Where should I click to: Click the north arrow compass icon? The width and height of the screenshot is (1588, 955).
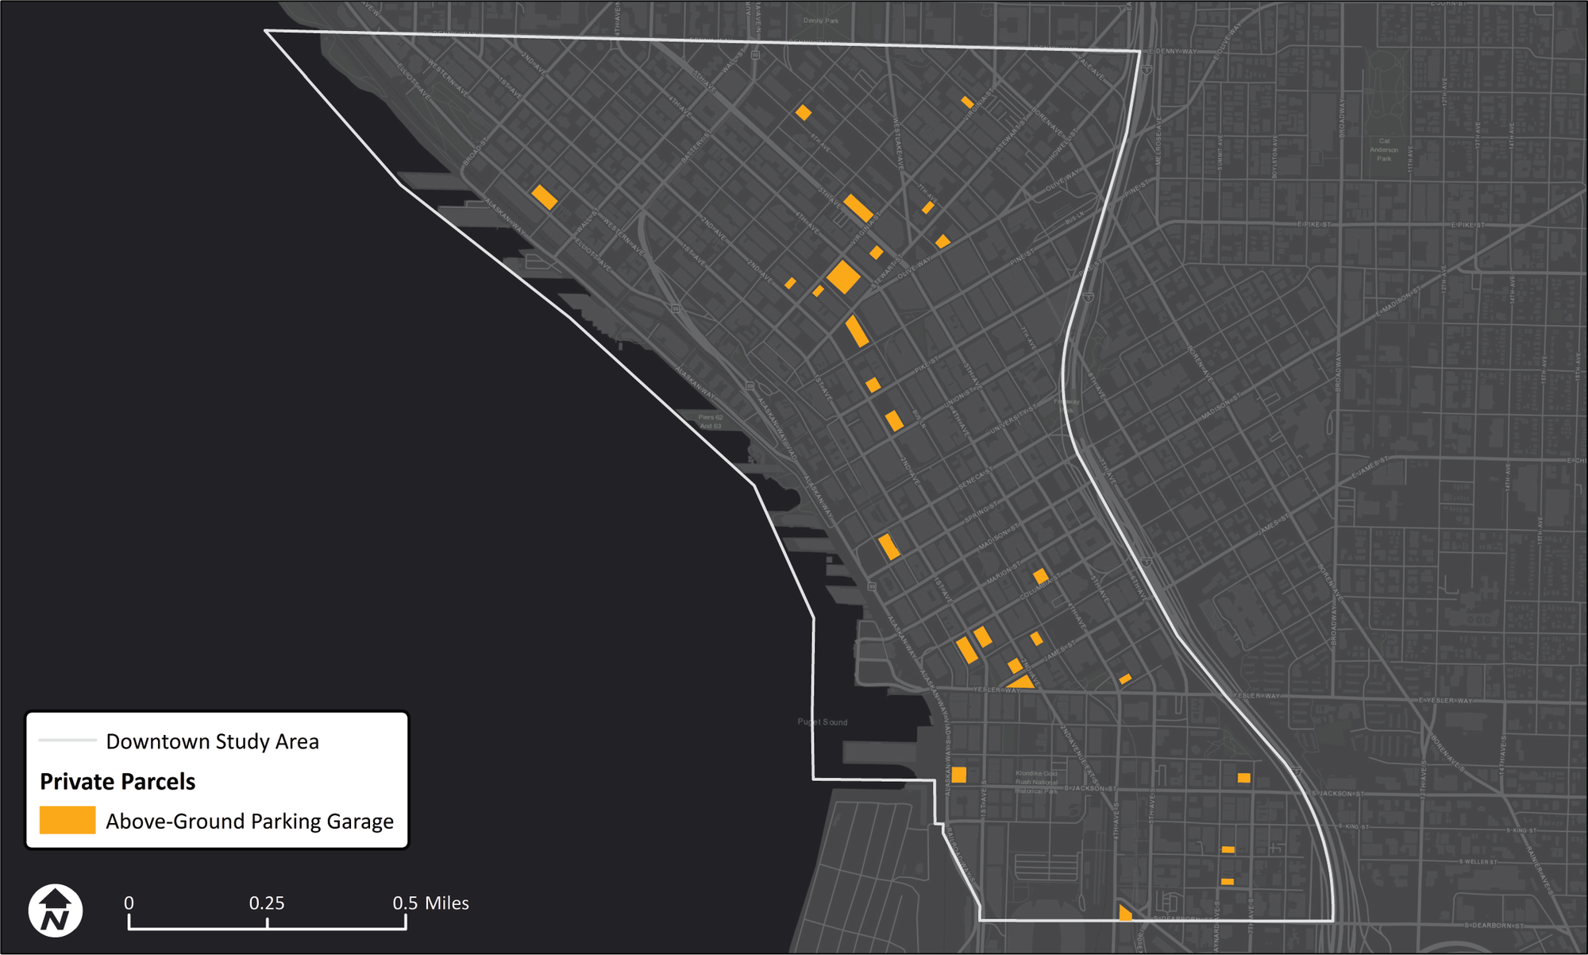pos(55,911)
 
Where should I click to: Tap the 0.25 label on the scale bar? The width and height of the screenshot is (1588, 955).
pos(267,903)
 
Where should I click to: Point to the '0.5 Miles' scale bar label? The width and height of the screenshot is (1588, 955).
pos(430,903)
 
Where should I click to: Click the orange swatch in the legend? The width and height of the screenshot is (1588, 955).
pos(67,820)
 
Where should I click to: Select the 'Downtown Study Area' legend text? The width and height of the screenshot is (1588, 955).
pos(212,741)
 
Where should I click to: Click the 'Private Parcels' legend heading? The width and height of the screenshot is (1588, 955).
pos(118,782)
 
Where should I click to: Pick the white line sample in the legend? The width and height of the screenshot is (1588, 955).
pos(67,740)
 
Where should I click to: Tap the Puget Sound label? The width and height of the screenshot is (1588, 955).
pos(823,722)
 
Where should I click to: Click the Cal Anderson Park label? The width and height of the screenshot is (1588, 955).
pos(1384,150)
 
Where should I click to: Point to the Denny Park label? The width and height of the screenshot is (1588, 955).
pos(820,21)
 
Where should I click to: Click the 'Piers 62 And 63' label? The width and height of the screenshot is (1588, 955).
pos(710,421)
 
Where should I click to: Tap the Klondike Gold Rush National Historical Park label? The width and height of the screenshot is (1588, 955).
pos(1036,782)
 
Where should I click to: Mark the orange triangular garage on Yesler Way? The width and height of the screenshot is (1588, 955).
pos(1022,682)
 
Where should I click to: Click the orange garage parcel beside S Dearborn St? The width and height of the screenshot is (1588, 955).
pos(1124,913)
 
